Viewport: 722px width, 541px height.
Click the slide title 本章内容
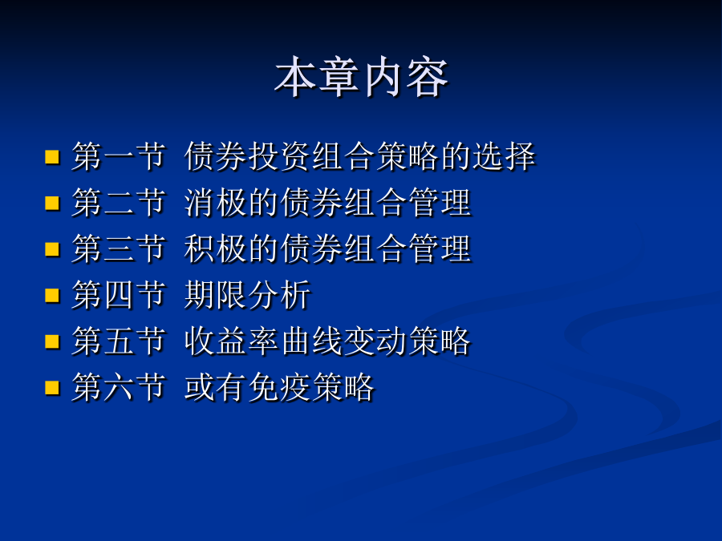362,77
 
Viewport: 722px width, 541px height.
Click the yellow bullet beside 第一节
52,157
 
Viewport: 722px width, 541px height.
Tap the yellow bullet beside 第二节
52,203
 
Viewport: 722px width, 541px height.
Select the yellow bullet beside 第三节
52,249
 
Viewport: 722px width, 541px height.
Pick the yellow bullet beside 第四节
52,295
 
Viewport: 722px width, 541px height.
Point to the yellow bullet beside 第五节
52,341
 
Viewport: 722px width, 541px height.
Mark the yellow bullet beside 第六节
52,387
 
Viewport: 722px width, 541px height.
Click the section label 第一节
119,156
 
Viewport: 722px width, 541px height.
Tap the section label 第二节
119,203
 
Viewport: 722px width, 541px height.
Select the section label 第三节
119,248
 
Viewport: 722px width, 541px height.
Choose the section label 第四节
119,295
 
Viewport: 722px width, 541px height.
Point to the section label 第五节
119,341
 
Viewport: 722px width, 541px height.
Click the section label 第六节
119,387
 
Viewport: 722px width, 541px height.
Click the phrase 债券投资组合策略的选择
360,156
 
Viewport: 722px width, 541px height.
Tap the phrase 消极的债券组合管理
328,203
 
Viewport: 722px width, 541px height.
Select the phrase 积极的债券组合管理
328,248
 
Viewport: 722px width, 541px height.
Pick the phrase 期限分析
248,295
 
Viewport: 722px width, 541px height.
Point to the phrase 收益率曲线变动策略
327,341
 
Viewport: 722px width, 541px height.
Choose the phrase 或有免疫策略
279,387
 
